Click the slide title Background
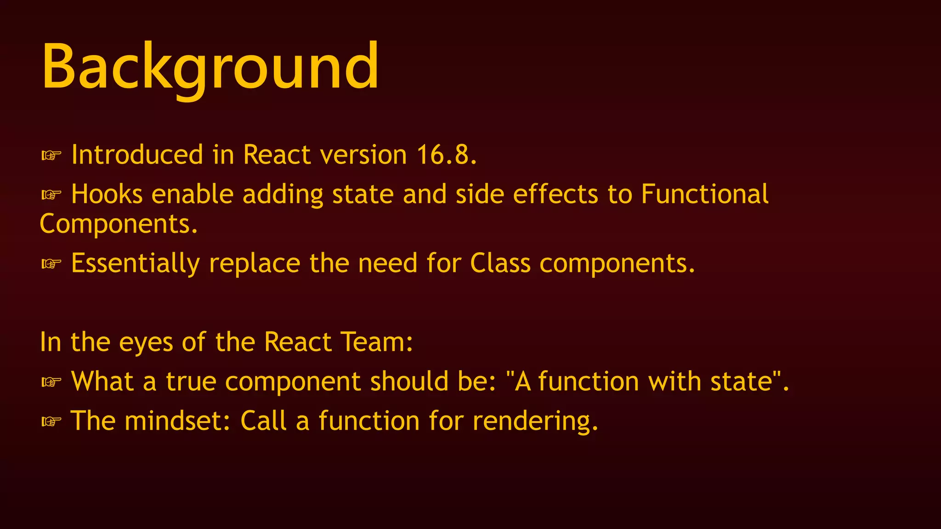click(210, 67)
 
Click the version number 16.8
click(446, 155)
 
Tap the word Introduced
click(137, 155)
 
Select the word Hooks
click(107, 194)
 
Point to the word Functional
click(704, 194)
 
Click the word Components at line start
click(119, 224)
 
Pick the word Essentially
click(136, 264)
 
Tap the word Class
click(500, 264)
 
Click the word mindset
click(177, 421)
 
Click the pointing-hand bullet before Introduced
click(51, 156)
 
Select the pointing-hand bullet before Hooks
click(51, 195)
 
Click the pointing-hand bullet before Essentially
click(51, 264)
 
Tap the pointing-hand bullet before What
click(51, 382)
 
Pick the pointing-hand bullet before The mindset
click(51, 422)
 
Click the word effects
click(556, 194)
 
